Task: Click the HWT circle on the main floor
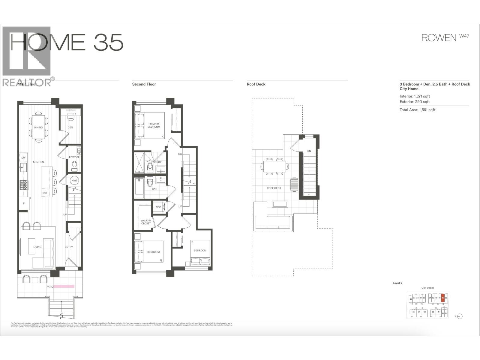[x=74, y=181]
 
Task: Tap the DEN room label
[x=70, y=127]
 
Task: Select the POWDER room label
[x=74, y=157]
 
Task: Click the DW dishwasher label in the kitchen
[x=23, y=157]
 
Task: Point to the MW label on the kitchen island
[x=44, y=193]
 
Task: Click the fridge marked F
[x=24, y=204]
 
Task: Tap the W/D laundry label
[x=158, y=207]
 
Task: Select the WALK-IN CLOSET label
[x=146, y=222]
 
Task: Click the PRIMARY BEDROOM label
[x=154, y=125]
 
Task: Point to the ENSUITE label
[x=156, y=162]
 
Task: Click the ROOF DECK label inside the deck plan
[x=274, y=188]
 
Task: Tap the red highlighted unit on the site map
[x=442, y=298]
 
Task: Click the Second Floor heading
[x=144, y=84]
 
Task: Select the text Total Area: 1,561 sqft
[x=417, y=110]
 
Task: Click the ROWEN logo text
[x=439, y=38]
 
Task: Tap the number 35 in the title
[x=108, y=42]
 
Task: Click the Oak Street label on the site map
[x=427, y=288]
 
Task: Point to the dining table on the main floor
[x=38, y=127]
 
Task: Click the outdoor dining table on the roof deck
[x=275, y=166]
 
